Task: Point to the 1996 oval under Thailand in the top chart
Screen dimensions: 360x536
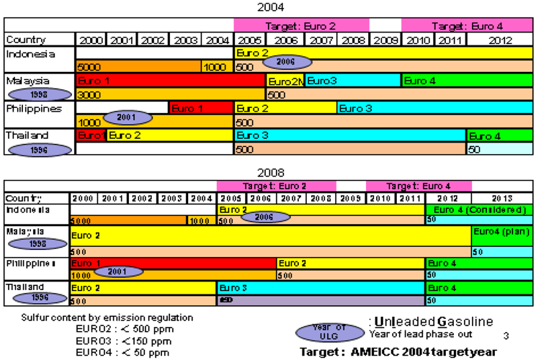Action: (40, 149)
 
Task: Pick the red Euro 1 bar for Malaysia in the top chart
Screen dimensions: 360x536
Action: (170, 81)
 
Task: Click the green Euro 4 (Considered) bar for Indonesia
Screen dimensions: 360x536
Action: (477, 210)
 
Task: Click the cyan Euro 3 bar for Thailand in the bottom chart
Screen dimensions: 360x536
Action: (320, 287)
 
